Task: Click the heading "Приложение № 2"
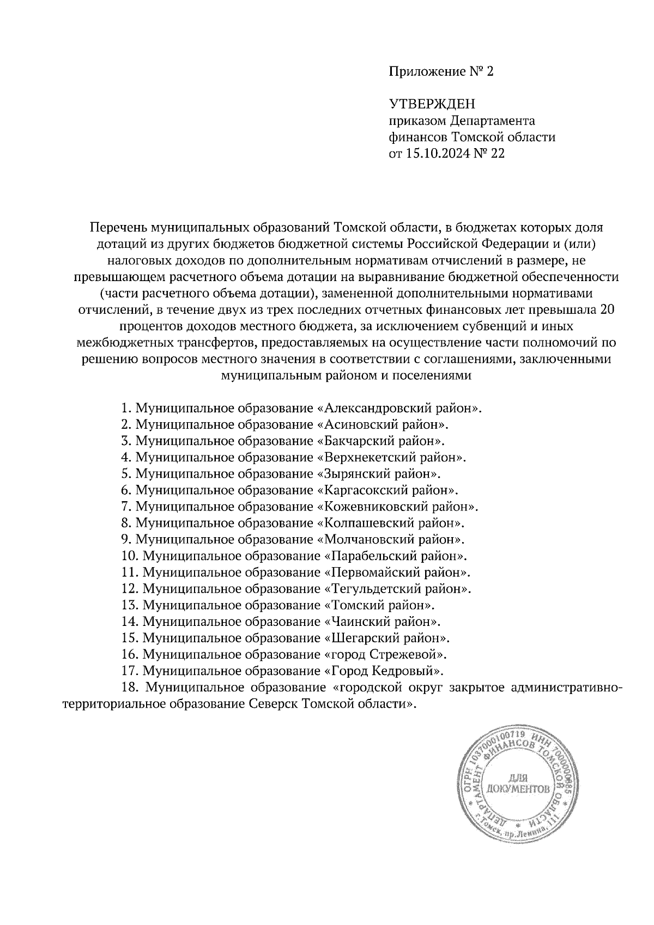(x=440, y=71)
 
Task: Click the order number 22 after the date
(x=498, y=154)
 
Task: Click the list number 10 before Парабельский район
(x=129, y=556)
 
